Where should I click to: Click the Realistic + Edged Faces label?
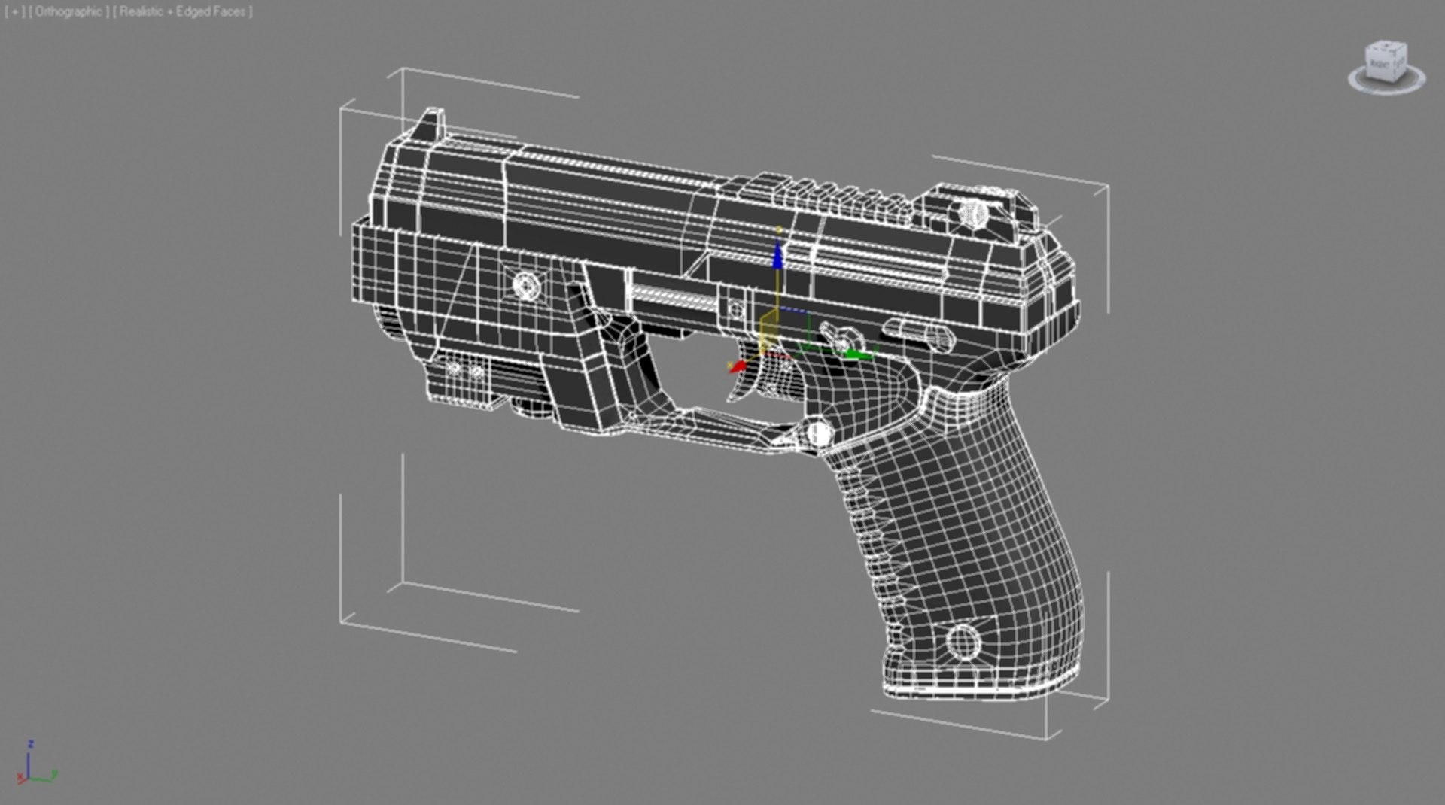(182, 12)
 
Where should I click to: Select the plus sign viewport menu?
(14, 12)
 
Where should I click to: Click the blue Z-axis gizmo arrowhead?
(778, 256)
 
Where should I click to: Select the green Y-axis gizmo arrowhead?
(854, 354)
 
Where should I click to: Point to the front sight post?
(431, 123)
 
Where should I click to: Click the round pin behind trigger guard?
(819, 433)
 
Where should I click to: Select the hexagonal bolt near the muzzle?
(526, 286)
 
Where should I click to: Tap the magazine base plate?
(978, 688)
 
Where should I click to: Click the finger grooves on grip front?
(873, 542)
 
